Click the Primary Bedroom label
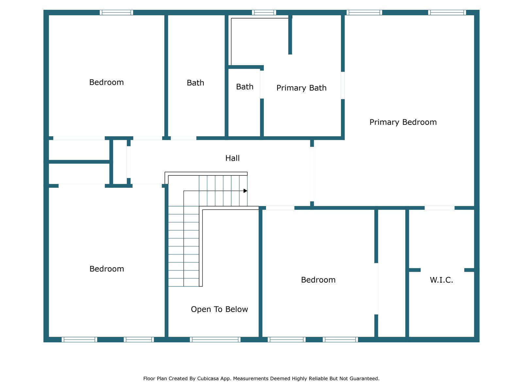tap(403, 122)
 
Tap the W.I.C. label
tap(441, 280)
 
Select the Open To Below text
tap(219, 309)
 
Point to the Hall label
tap(232, 158)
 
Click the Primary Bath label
tap(301, 88)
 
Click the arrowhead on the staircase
tap(245, 191)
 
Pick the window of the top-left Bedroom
tap(116, 12)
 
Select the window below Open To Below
tap(215, 340)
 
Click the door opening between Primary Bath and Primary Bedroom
tap(343, 85)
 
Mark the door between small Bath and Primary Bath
tap(262, 84)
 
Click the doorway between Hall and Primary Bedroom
tap(312, 174)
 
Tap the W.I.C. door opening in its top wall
tap(439, 208)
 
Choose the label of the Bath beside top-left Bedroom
tap(195, 83)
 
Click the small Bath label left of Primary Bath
tap(245, 87)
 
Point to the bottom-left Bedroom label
tap(107, 269)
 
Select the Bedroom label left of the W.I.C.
tap(318, 280)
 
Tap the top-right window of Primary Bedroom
tap(447, 12)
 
